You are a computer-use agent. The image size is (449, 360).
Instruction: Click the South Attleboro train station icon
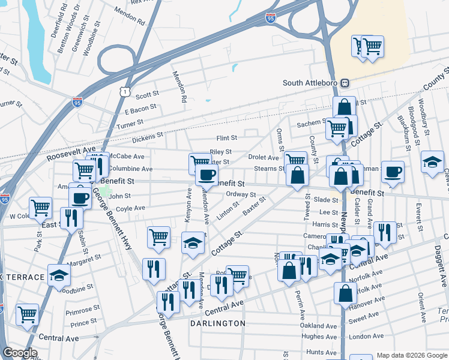[346, 83]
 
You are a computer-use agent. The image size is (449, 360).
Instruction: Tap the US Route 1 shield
[124, 91]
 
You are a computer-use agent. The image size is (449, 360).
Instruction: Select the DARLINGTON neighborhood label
[218, 323]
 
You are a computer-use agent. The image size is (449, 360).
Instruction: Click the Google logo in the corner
[20, 353]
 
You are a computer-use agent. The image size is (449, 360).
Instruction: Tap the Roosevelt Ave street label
[71, 149]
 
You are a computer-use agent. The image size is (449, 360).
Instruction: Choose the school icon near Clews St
[432, 162]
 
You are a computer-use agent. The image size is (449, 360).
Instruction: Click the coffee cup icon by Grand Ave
[393, 172]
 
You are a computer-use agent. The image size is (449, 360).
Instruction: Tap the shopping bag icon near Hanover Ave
[345, 293]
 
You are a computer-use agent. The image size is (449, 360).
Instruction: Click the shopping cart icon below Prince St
[27, 313]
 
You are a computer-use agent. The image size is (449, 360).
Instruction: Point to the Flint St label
[228, 138]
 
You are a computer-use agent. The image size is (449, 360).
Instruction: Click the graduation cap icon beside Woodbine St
[59, 275]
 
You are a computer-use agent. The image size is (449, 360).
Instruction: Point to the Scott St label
[147, 94]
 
